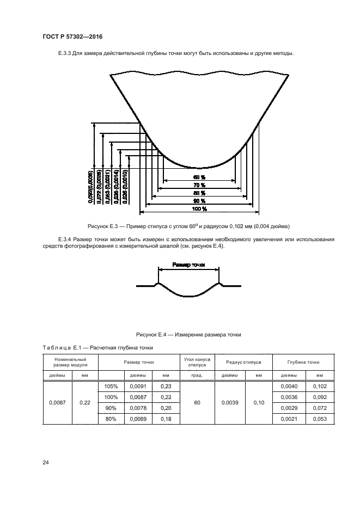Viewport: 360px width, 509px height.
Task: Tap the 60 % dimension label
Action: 199,177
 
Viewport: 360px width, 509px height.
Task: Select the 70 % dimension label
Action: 199,185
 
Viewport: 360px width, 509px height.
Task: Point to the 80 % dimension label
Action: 199,193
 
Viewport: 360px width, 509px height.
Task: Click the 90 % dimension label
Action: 199,200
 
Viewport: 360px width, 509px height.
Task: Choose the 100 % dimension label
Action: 199,208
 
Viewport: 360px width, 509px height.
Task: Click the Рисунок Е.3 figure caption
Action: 188,226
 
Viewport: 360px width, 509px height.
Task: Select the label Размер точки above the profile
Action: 188,264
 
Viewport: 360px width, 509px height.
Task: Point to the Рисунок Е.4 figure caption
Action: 188,334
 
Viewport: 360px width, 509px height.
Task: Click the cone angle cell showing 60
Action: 197,403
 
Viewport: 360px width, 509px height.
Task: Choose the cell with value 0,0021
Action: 289,418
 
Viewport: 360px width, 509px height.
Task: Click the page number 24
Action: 45,463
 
